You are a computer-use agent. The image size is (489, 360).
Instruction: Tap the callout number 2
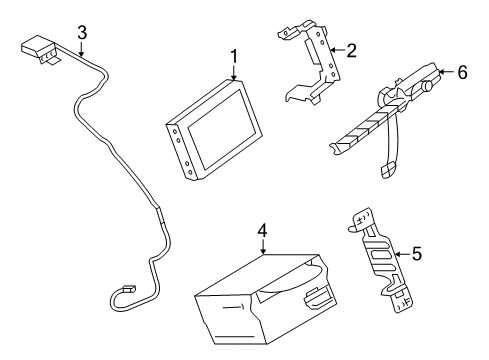pyautogui.click(x=350, y=50)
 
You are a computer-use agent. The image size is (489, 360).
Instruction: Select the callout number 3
pyautogui.click(x=82, y=32)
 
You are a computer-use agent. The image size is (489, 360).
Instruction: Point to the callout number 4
pyautogui.click(x=261, y=231)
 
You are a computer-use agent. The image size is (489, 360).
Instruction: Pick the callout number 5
pyautogui.click(x=417, y=255)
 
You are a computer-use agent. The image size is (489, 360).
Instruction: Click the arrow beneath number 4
pyautogui.click(x=261, y=248)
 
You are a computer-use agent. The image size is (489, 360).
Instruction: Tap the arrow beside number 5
pyautogui.click(x=400, y=255)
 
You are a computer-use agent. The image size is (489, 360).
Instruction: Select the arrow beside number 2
pyautogui.click(x=335, y=50)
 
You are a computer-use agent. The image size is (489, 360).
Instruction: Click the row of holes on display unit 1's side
pyautogui.click(x=182, y=148)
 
